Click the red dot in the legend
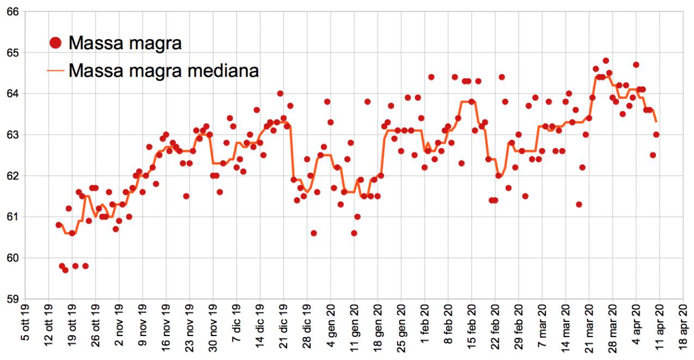tap(56, 42)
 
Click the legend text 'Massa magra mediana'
tap(163, 70)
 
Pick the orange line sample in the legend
tap(56, 70)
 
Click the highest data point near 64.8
tap(606, 60)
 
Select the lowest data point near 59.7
tap(65, 270)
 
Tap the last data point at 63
tap(656, 135)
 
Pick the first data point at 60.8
tap(59, 225)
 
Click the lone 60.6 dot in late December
tap(314, 233)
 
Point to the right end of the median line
tap(656, 121)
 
